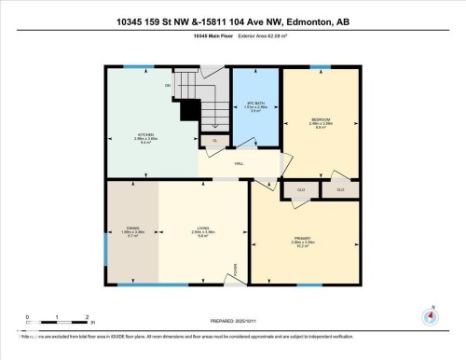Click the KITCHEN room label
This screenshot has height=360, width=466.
tap(144, 133)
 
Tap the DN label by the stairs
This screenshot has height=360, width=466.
tap(168, 86)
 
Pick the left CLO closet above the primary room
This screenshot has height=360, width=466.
tap(300, 189)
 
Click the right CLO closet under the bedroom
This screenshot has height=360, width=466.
tap(340, 189)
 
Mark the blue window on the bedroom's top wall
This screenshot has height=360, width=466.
tap(321, 67)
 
